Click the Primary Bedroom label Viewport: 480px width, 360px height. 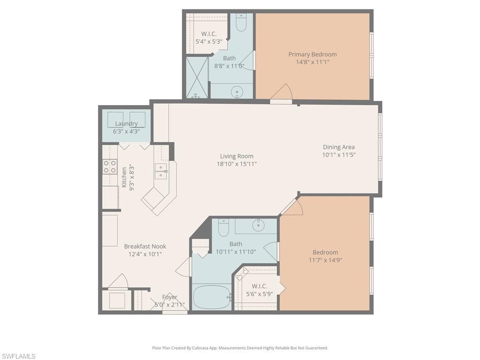[x=312, y=54]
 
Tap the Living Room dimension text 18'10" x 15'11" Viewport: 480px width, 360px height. [x=237, y=164]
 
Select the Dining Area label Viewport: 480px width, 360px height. [x=338, y=147]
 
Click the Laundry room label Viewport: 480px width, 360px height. [x=126, y=124]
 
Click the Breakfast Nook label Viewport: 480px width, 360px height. [x=145, y=247]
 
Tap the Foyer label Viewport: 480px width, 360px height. [x=170, y=297]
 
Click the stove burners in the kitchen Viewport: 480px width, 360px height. [x=110, y=166]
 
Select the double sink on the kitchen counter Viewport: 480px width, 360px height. [x=161, y=172]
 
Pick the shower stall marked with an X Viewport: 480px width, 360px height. [x=197, y=77]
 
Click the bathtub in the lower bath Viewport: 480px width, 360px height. [x=212, y=297]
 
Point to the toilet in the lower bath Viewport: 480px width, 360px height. [x=223, y=227]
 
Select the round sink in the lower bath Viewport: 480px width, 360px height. [x=258, y=226]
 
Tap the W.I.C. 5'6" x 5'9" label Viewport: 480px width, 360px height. [x=259, y=286]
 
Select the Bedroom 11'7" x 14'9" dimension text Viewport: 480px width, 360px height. [x=325, y=260]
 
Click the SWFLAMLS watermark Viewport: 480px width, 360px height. [x=18, y=356]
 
